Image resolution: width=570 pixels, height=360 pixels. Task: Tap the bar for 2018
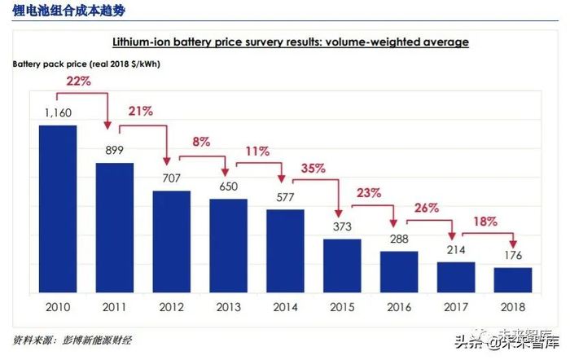click(x=512, y=279)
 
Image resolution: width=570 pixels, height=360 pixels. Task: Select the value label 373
click(x=342, y=226)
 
